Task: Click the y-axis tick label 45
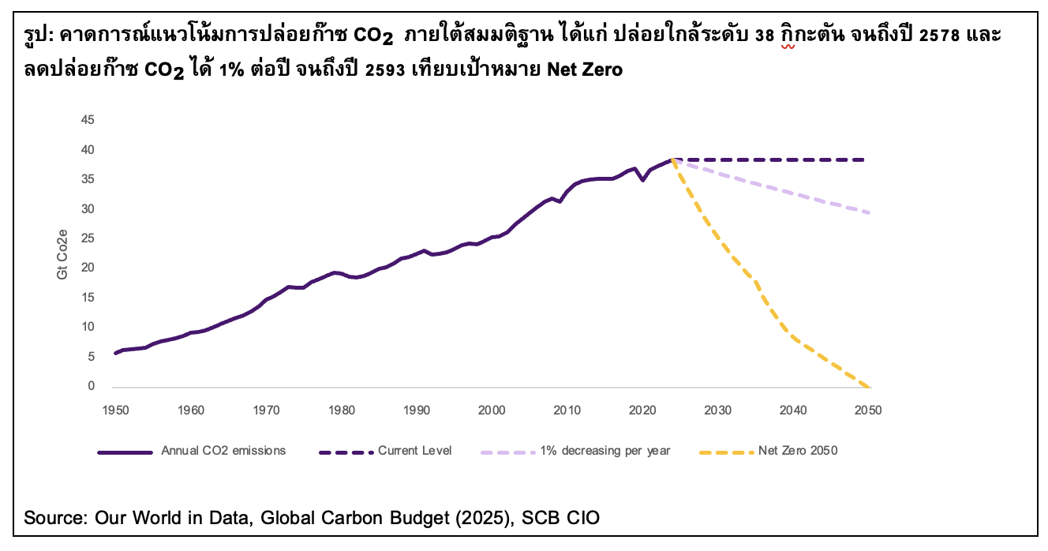pos(88,120)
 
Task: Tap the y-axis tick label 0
pos(91,386)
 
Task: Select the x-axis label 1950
pos(115,410)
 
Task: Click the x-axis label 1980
pos(341,410)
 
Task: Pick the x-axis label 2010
pos(567,410)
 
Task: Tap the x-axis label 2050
pos(869,410)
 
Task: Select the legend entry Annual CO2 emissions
pos(223,451)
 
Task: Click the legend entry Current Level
pos(415,451)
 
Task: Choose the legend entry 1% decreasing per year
pos(605,451)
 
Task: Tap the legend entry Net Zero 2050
pos(796,451)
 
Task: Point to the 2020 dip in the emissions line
pos(642,180)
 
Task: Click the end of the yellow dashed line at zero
pos(868,386)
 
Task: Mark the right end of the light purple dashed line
pos(868,213)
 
